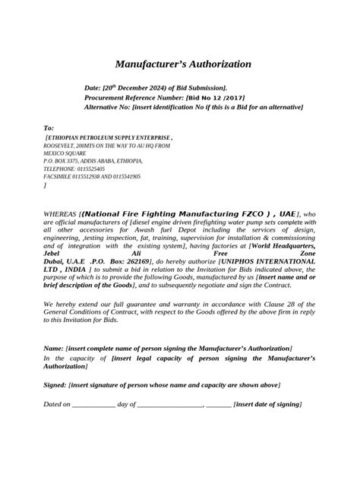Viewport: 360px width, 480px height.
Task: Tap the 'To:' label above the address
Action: pyautogui.click(x=49, y=128)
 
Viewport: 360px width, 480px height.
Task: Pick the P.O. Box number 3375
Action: pyautogui.click(x=79, y=162)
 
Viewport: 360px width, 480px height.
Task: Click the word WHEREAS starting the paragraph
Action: pyautogui.click(x=60, y=215)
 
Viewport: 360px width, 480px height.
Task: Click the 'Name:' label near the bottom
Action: pyautogui.click(x=55, y=347)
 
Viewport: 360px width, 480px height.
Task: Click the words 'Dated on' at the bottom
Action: pyautogui.click(x=56, y=405)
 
